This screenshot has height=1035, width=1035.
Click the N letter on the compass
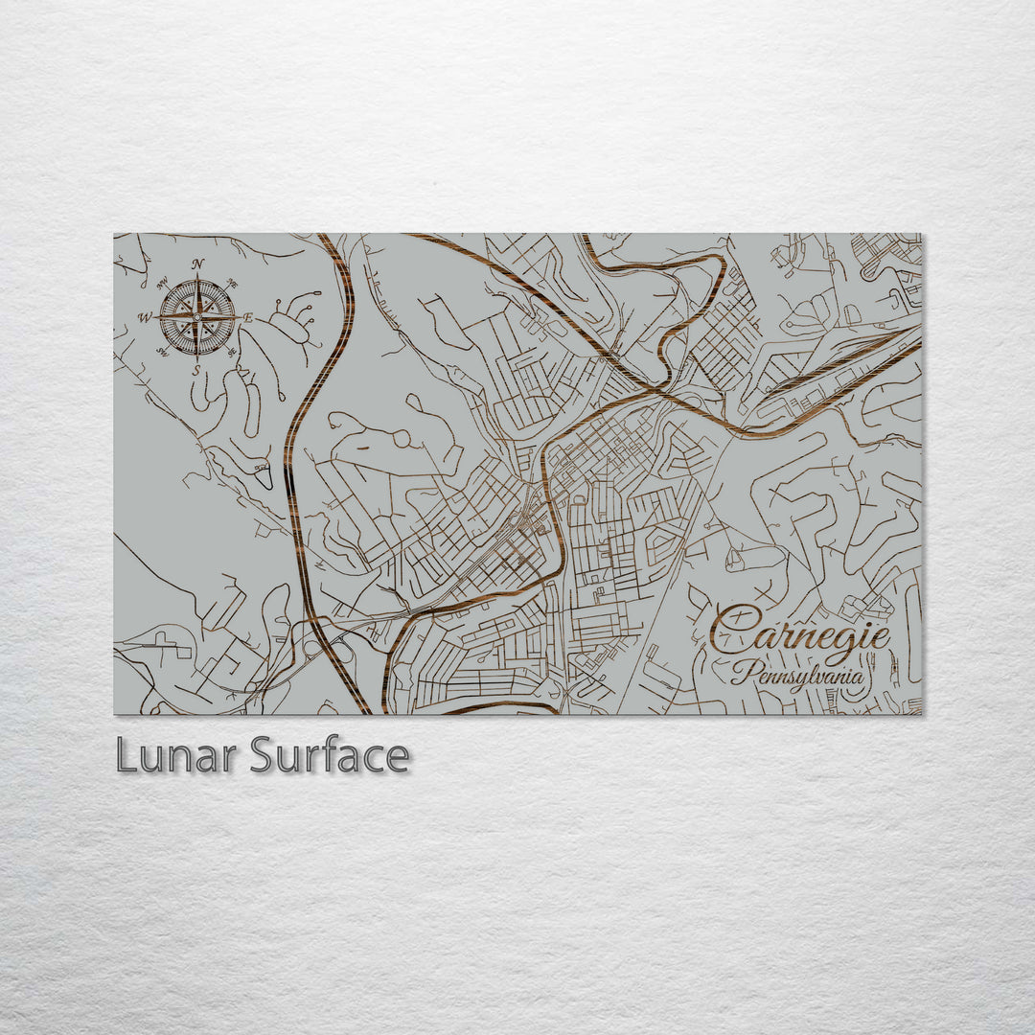click(197, 264)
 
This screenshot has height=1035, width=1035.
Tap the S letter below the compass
click(196, 369)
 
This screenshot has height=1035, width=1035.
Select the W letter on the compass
click(146, 317)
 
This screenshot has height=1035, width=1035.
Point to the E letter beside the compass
click(249, 317)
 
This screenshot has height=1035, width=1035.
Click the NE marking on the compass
click(232, 283)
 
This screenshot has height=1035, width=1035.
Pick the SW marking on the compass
click(162, 352)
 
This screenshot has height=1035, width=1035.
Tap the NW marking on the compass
click(162, 283)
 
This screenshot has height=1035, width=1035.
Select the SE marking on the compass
click(232, 352)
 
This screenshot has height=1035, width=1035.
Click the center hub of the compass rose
click(197, 316)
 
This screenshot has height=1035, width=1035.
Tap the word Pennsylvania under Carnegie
click(797, 674)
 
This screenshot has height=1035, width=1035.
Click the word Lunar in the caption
click(177, 756)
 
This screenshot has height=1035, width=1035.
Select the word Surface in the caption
click(330, 756)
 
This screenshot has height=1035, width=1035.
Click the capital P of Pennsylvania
click(740, 672)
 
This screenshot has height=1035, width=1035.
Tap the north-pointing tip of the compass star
click(197, 276)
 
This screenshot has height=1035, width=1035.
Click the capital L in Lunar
click(126, 756)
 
